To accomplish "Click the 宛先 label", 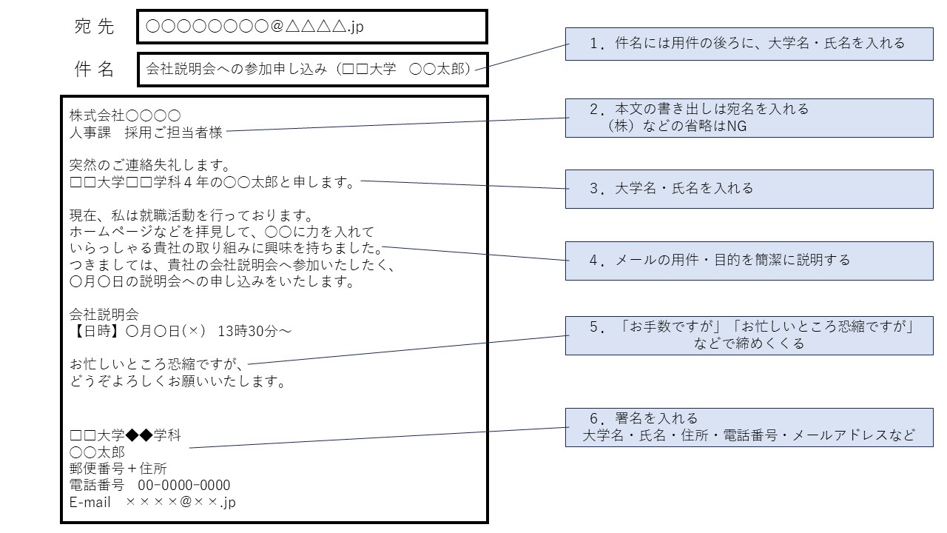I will [x=94, y=27].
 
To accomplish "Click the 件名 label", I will [x=94, y=70].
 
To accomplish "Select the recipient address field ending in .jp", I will [x=311, y=27].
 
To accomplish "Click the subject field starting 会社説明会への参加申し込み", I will [x=311, y=70].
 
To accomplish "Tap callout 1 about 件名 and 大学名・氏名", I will [x=749, y=44].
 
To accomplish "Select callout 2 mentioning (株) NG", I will [x=749, y=118].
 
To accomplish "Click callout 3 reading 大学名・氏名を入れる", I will [x=749, y=188].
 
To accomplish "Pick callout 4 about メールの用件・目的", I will [x=749, y=261].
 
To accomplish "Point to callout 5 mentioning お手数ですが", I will [x=749, y=335].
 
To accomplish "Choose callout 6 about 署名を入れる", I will [x=749, y=426].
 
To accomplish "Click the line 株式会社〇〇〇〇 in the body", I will [x=125, y=115].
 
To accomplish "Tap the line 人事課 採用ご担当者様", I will [x=146, y=133].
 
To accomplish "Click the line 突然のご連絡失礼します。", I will [x=150, y=164].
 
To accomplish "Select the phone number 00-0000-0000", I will [x=184, y=486].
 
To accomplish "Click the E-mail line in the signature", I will [x=152, y=503].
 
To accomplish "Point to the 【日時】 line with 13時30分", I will [x=180, y=331].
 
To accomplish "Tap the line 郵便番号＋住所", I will [x=118, y=469].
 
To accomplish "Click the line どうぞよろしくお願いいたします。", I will [x=178, y=382].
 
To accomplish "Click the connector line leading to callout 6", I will [x=377, y=438].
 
